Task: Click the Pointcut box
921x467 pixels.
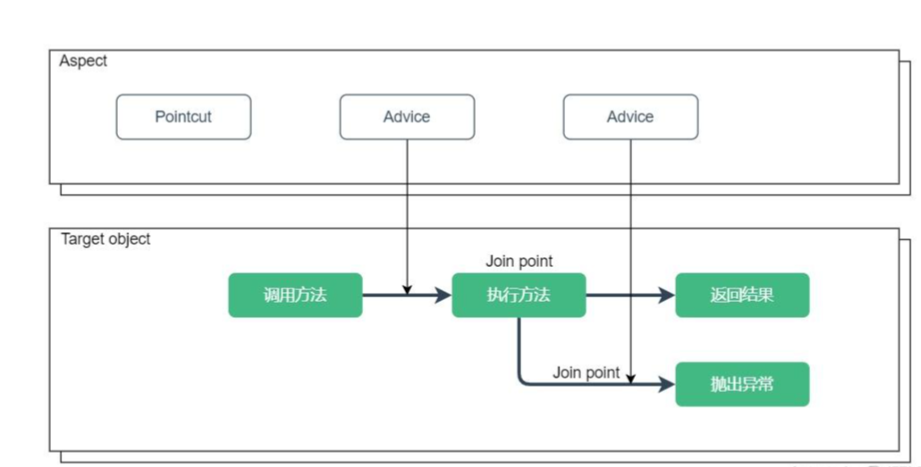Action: [183, 117]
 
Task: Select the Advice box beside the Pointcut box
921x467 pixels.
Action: [407, 117]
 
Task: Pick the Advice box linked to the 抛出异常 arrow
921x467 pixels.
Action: [630, 117]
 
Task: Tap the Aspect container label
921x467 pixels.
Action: [83, 61]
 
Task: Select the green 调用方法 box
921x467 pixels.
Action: [295, 295]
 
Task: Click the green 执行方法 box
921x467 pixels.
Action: [519, 295]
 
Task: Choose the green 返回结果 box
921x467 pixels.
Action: [742, 295]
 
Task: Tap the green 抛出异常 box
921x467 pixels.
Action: [742, 384]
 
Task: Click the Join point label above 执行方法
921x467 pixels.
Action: [519, 261]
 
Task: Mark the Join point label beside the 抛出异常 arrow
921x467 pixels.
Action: [586, 372]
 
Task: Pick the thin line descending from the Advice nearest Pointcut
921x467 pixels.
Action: [407, 214]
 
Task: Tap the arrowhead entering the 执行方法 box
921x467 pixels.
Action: [444, 295]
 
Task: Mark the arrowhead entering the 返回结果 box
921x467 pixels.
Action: [667, 295]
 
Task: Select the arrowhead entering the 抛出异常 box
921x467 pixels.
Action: [667, 384]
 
